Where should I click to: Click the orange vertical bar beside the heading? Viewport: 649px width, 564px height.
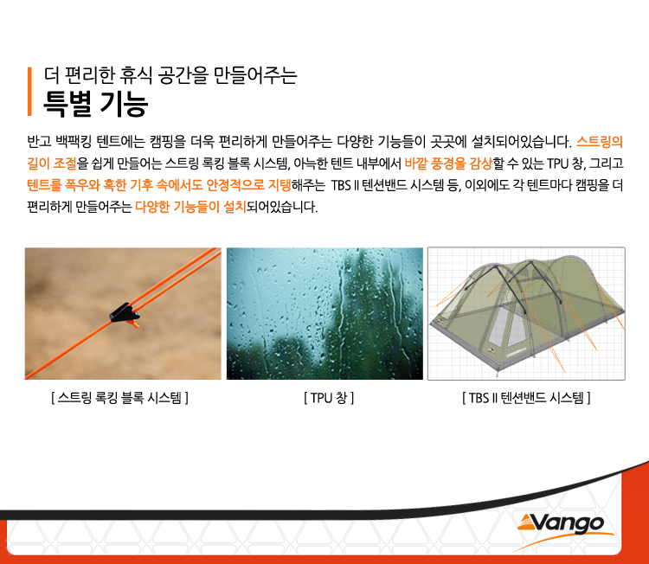pyautogui.click(x=29, y=92)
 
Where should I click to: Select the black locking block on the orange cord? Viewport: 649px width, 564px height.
pyautogui.click(x=124, y=313)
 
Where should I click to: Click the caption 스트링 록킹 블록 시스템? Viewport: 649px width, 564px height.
pyautogui.click(x=119, y=398)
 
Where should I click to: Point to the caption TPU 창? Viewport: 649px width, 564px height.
pyautogui.click(x=329, y=398)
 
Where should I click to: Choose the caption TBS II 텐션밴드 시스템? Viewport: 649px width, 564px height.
pyautogui.click(x=526, y=398)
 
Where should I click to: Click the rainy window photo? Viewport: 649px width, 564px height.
pyautogui.click(x=324, y=314)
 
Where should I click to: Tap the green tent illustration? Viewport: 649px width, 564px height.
pyautogui.click(x=526, y=314)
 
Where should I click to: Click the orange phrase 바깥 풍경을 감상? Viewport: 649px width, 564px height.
pyautogui.click(x=448, y=163)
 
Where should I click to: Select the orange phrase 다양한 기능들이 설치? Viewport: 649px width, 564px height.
pyautogui.click(x=191, y=207)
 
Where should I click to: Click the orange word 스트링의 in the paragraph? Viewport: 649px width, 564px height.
pyautogui.click(x=600, y=142)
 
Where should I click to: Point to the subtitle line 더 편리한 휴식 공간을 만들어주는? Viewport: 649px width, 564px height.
pyautogui.click(x=170, y=75)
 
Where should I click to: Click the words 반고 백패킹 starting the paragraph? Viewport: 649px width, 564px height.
pyautogui.click(x=59, y=142)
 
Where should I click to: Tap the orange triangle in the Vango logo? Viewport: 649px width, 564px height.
pyautogui.click(x=527, y=523)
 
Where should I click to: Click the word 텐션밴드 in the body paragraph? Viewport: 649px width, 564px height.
pyautogui.click(x=386, y=185)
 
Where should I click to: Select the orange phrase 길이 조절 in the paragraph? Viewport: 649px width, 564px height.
pyautogui.click(x=52, y=163)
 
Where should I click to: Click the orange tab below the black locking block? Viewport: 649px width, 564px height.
pyautogui.click(x=133, y=324)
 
